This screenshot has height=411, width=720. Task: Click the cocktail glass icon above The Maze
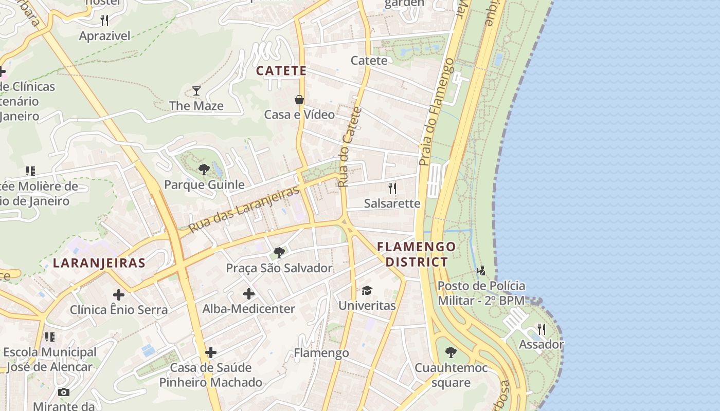click(196, 91)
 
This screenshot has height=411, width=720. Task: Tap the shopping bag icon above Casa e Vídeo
click(299, 100)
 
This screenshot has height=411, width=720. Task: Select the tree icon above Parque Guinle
click(204, 170)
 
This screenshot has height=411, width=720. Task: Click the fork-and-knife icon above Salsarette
click(392, 188)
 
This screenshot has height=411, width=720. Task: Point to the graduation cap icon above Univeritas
click(367, 291)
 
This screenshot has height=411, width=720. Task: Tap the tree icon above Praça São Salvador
click(279, 252)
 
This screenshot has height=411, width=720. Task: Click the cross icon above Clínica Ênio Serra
click(119, 294)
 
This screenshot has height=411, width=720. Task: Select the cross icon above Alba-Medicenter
click(249, 294)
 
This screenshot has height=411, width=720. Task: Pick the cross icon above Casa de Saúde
click(211, 352)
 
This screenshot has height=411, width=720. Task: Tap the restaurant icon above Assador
click(541, 329)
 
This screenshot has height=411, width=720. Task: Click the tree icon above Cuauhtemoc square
click(451, 352)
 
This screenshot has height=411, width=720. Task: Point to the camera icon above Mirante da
click(64, 392)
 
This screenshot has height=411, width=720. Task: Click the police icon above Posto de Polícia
click(481, 270)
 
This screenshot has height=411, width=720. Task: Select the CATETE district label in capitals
click(281, 71)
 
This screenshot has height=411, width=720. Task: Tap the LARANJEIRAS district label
click(99, 263)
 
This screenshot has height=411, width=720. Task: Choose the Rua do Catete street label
click(350, 147)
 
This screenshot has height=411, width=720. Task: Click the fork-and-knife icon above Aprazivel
click(104, 21)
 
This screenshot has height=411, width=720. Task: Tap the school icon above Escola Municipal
click(50, 337)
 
